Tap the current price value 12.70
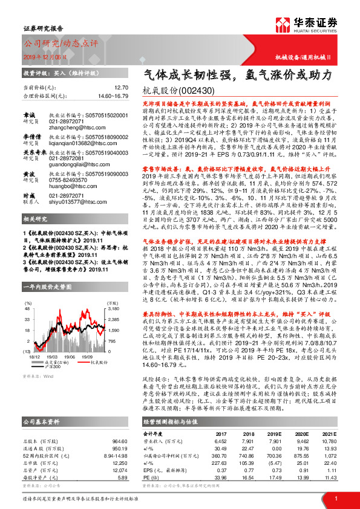click(121, 87)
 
